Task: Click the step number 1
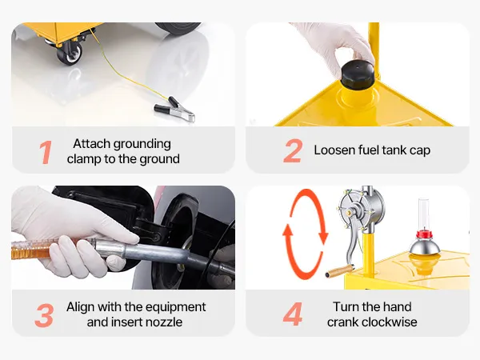[46, 152]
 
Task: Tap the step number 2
[293, 150]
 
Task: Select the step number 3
[44, 316]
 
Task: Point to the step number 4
[293, 314]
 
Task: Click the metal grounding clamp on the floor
[174, 110]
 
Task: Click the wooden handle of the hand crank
[339, 271]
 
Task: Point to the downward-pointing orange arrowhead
[323, 238]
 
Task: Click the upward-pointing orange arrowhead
[288, 230]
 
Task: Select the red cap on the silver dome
[424, 234]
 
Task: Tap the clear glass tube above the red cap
[424, 214]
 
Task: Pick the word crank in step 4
[339, 322]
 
